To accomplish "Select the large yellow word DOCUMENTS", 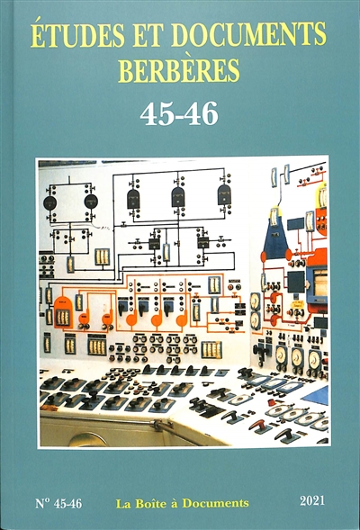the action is pyautogui.click(x=248, y=34).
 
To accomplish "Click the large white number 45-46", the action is pyautogui.click(x=179, y=114).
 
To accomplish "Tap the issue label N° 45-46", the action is pyautogui.click(x=58, y=503).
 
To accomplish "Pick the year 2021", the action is pyautogui.click(x=312, y=500).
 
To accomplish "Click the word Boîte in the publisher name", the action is pyautogui.click(x=150, y=503).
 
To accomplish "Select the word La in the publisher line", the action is pyautogui.click(x=123, y=504).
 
